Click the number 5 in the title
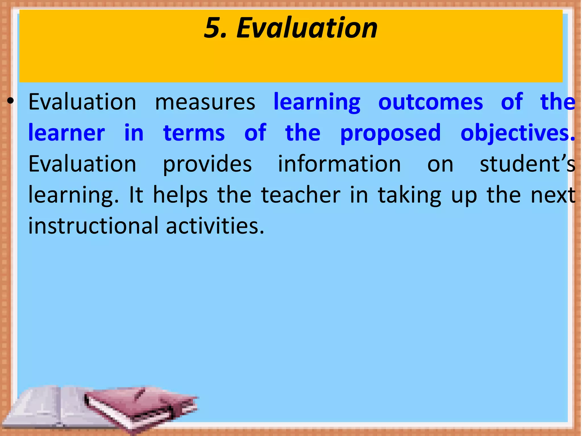point(215,28)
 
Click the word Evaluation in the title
point(307,28)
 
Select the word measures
point(205,102)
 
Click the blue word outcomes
point(431,102)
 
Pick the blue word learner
point(67,133)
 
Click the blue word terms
point(194,133)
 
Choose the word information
point(339,164)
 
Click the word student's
point(527,164)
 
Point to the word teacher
point(301,195)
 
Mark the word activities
point(215,226)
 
